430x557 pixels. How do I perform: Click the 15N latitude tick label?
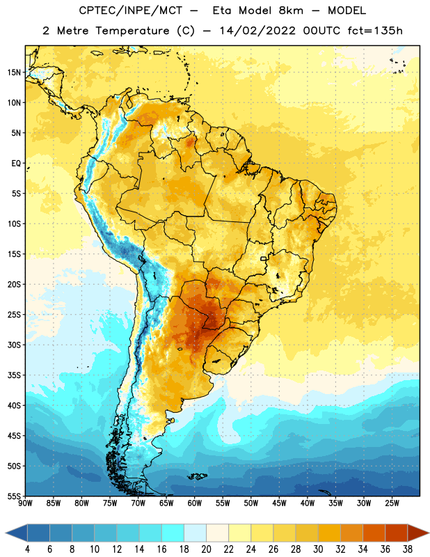(x=14, y=72)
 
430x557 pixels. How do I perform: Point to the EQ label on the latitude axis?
(x=16, y=164)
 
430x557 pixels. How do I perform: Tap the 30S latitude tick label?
(x=14, y=345)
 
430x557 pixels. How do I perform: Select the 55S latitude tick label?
(x=14, y=496)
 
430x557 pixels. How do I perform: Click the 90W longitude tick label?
(x=26, y=503)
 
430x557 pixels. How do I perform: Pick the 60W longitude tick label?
(x=195, y=503)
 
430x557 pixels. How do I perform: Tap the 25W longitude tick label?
(x=392, y=503)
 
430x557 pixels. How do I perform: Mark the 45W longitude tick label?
(x=279, y=503)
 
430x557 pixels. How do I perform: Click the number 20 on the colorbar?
(x=206, y=549)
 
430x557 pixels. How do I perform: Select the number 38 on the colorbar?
(x=408, y=549)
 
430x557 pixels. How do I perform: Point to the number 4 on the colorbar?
(x=27, y=549)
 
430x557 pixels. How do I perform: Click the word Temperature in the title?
(x=132, y=31)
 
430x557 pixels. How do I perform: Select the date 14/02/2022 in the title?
(x=257, y=31)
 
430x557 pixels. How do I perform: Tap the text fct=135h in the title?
(x=375, y=31)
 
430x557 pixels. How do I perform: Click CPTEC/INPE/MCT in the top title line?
(x=130, y=10)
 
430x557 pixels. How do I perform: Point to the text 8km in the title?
(x=291, y=10)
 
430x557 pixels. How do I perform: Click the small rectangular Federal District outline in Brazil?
(x=264, y=258)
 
